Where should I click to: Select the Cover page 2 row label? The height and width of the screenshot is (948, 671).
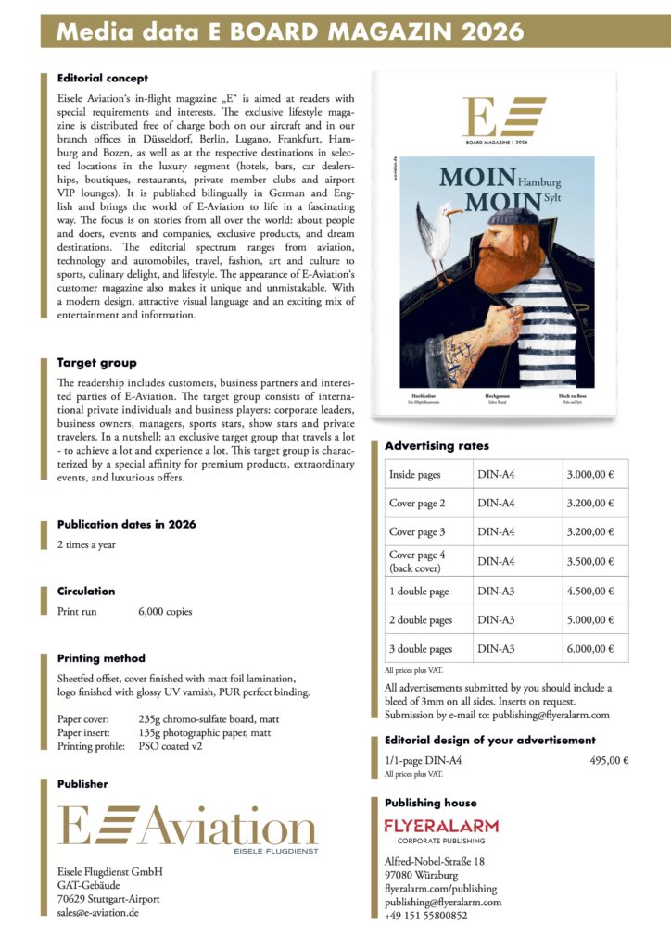(x=417, y=504)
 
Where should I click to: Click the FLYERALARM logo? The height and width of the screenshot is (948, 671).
(x=441, y=826)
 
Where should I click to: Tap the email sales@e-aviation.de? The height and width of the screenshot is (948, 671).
(x=97, y=912)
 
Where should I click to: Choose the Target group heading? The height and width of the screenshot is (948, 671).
(x=96, y=363)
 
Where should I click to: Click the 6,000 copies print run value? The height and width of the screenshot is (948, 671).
(x=165, y=612)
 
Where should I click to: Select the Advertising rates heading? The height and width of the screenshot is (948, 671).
(x=437, y=446)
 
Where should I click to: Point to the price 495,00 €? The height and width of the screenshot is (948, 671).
(x=609, y=761)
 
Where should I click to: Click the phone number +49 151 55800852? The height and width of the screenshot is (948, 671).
(x=426, y=916)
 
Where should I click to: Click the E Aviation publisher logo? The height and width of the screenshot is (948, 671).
(x=186, y=827)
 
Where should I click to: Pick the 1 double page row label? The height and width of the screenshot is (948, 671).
(x=419, y=591)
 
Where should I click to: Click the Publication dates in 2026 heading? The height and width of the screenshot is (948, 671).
(x=126, y=524)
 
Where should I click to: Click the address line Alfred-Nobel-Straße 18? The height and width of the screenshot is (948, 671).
(x=435, y=862)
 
